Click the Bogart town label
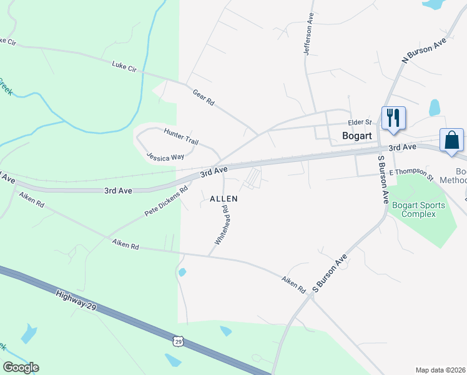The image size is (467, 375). coord(358,135)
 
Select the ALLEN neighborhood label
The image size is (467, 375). coord(224,198)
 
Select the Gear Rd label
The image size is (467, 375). coord(204,97)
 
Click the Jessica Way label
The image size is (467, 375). coord(165,156)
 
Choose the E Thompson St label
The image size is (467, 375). coord(411,173)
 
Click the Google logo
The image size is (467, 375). coord(21,367)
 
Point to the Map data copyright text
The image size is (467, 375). coord(441,370)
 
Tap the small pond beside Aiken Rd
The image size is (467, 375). coord(182,272)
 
